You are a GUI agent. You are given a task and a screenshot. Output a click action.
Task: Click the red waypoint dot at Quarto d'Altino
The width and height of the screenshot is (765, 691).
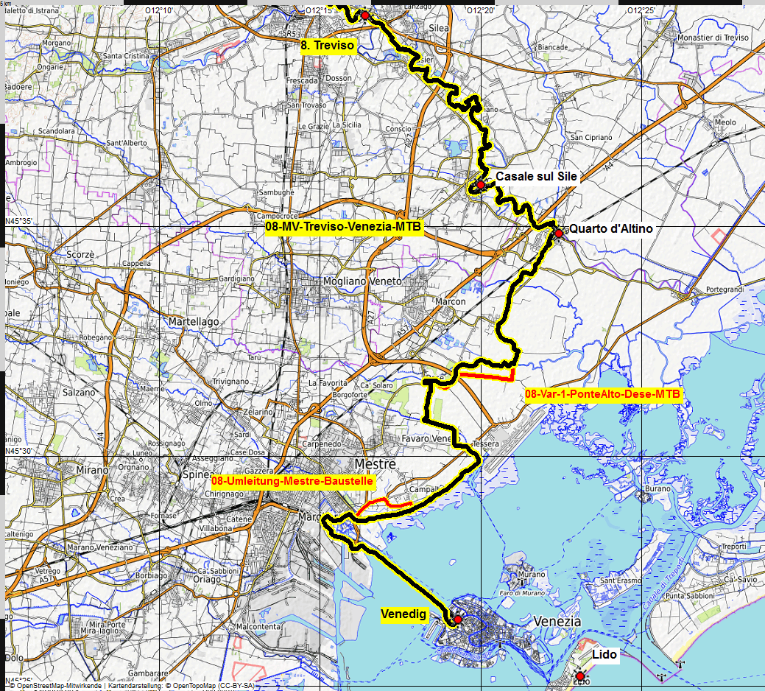pyautogui.click(x=558, y=233)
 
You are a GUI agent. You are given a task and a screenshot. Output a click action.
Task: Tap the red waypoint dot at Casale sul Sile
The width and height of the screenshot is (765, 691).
pyautogui.click(x=480, y=184)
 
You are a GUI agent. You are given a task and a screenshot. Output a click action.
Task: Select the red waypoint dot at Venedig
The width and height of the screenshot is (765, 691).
pyautogui.click(x=457, y=620)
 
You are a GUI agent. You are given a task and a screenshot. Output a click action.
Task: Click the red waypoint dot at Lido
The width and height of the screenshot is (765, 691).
pyautogui.click(x=580, y=676)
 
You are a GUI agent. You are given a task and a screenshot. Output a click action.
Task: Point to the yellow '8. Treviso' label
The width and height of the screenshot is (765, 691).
pyautogui.click(x=328, y=46)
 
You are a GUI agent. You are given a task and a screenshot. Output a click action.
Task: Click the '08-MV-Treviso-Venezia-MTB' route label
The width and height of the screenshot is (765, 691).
pyautogui.click(x=343, y=227)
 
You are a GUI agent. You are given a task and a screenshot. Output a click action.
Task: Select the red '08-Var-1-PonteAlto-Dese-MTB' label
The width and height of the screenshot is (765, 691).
pyautogui.click(x=603, y=394)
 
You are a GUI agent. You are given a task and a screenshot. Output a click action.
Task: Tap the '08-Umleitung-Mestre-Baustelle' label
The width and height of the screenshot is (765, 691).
pyautogui.click(x=292, y=481)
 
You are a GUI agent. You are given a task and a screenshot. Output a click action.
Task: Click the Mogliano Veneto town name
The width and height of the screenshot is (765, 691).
pyautogui.click(x=362, y=281)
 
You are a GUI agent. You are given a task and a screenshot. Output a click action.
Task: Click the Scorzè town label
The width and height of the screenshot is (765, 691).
pyautogui.click(x=80, y=254)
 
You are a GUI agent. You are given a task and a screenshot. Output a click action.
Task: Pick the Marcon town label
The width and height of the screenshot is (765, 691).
pyautogui.click(x=450, y=301)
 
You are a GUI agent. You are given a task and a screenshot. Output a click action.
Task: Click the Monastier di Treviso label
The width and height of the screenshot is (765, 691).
pyautogui.click(x=713, y=38)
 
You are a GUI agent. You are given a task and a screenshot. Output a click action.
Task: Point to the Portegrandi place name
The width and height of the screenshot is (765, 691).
pyautogui.click(x=725, y=290)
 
